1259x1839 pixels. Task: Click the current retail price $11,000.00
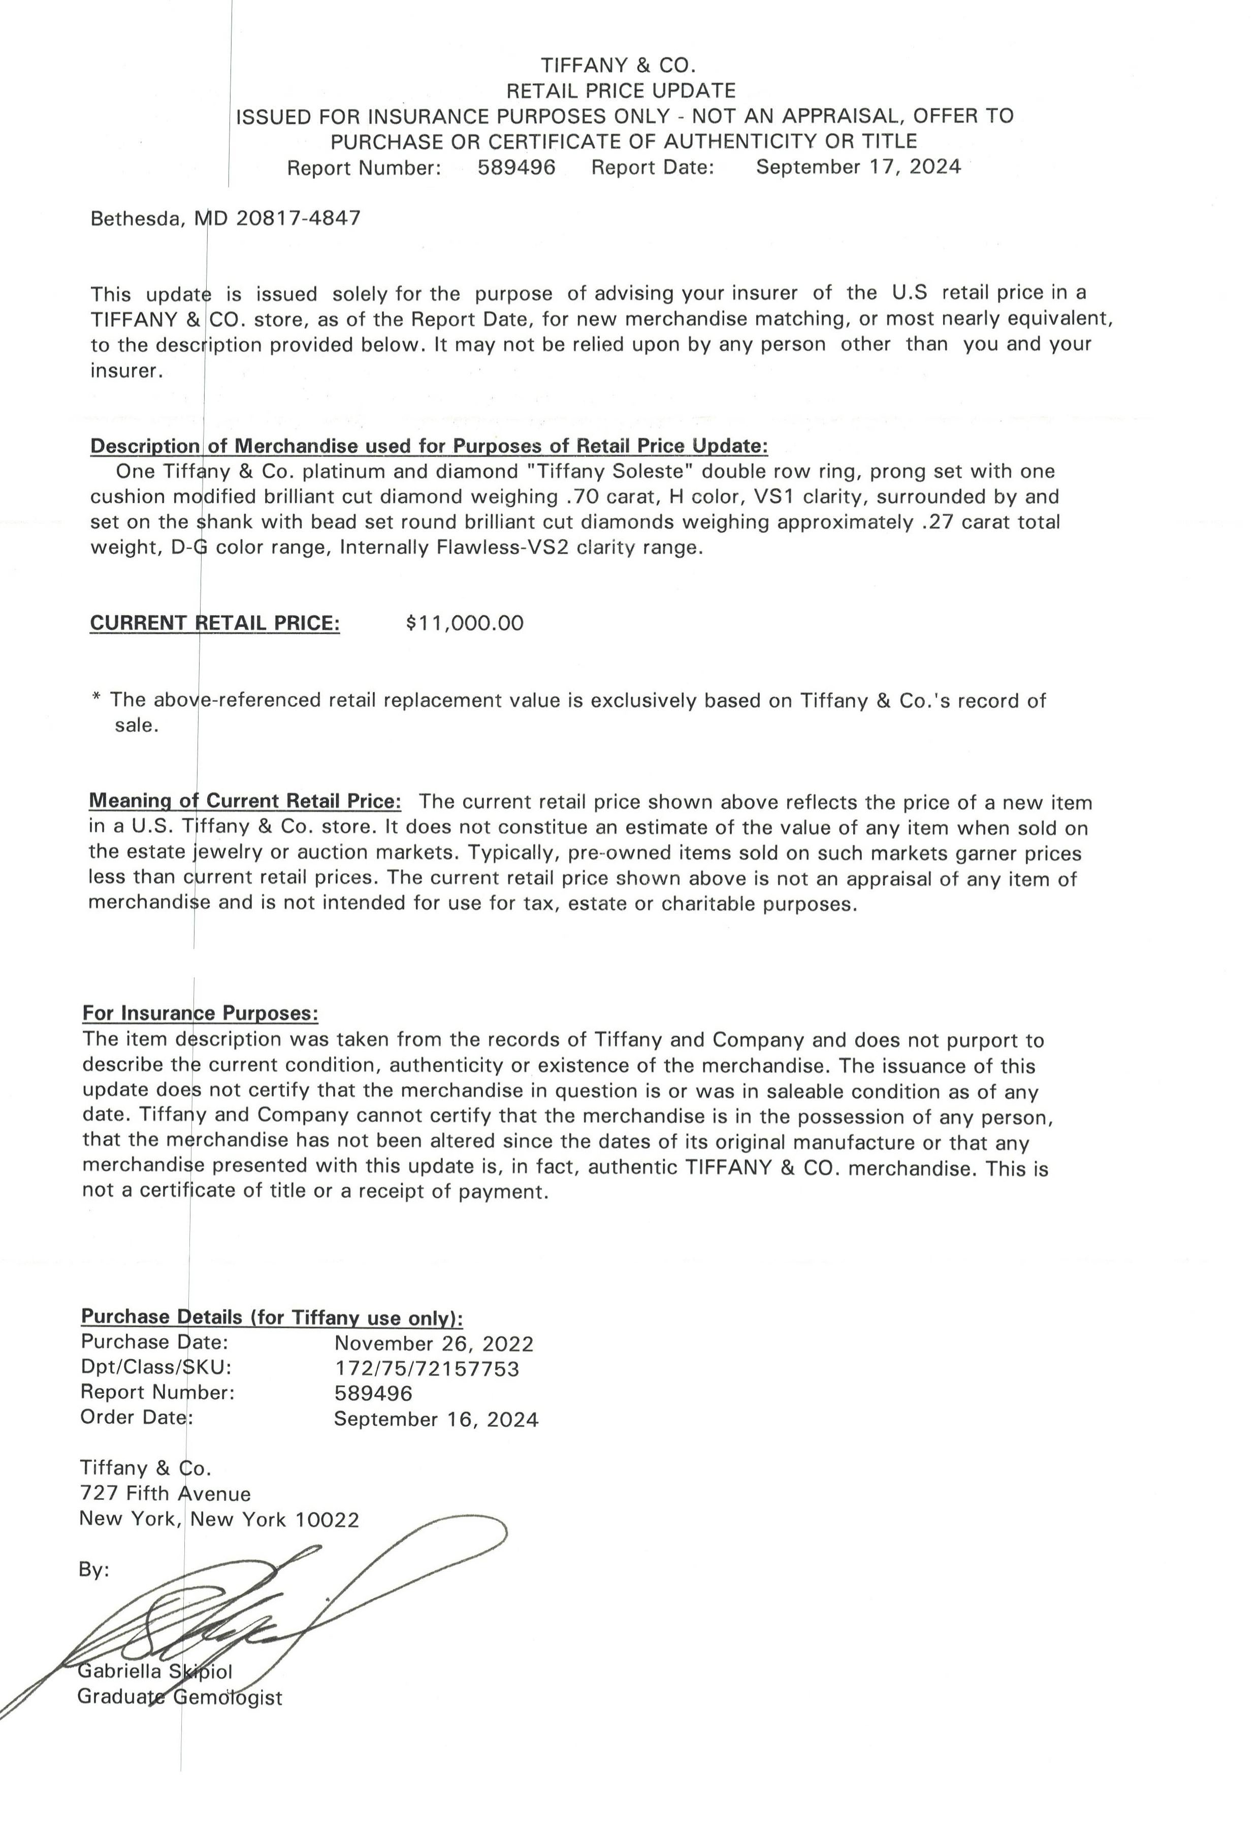[x=465, y=623]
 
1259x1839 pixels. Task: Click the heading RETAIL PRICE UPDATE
[x=621, y=91]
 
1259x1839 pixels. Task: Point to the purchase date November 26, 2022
[x=434, y=1343]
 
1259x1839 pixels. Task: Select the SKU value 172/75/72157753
[x=427, y=1368]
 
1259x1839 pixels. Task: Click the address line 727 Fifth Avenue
[x=166, y=1493]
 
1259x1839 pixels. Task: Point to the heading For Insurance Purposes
[x=200, y=1013]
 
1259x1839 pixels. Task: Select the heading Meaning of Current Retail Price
[x=245, y=801]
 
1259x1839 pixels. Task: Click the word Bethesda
[x=135, y=218]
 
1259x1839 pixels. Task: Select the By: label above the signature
[x=94, y=1570]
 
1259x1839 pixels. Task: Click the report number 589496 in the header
[x=516, y=167]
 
